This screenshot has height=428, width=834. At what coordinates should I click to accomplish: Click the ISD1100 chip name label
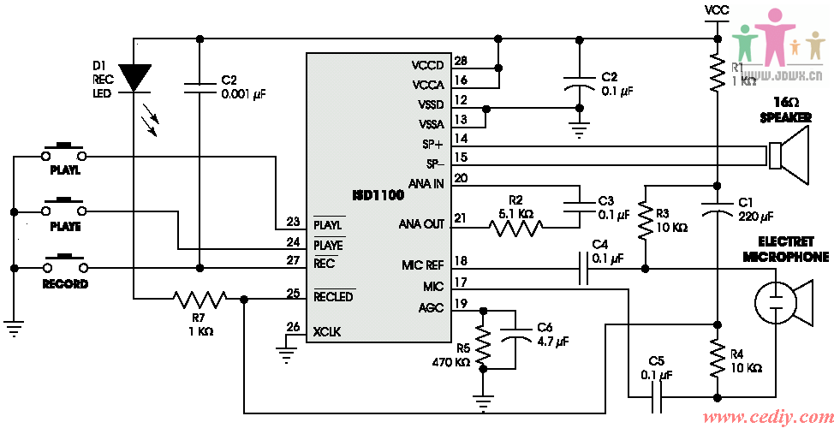tap(379, 196)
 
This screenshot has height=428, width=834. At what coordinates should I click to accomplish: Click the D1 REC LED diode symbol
tap(134, 78)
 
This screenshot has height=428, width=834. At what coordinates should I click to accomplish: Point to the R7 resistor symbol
tap(200, 299)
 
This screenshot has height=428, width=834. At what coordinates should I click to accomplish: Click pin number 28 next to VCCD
tap(461, 62)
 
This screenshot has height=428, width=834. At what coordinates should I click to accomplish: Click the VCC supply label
tap(717, 10)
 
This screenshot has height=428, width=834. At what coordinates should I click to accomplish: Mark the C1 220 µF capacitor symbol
tap(718, 206)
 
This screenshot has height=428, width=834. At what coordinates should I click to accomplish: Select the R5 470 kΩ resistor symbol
tap(484, 348)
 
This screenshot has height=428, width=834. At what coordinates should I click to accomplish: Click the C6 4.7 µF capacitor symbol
tap(517, 338)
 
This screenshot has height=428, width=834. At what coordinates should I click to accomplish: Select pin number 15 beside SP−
tap(461, 158)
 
